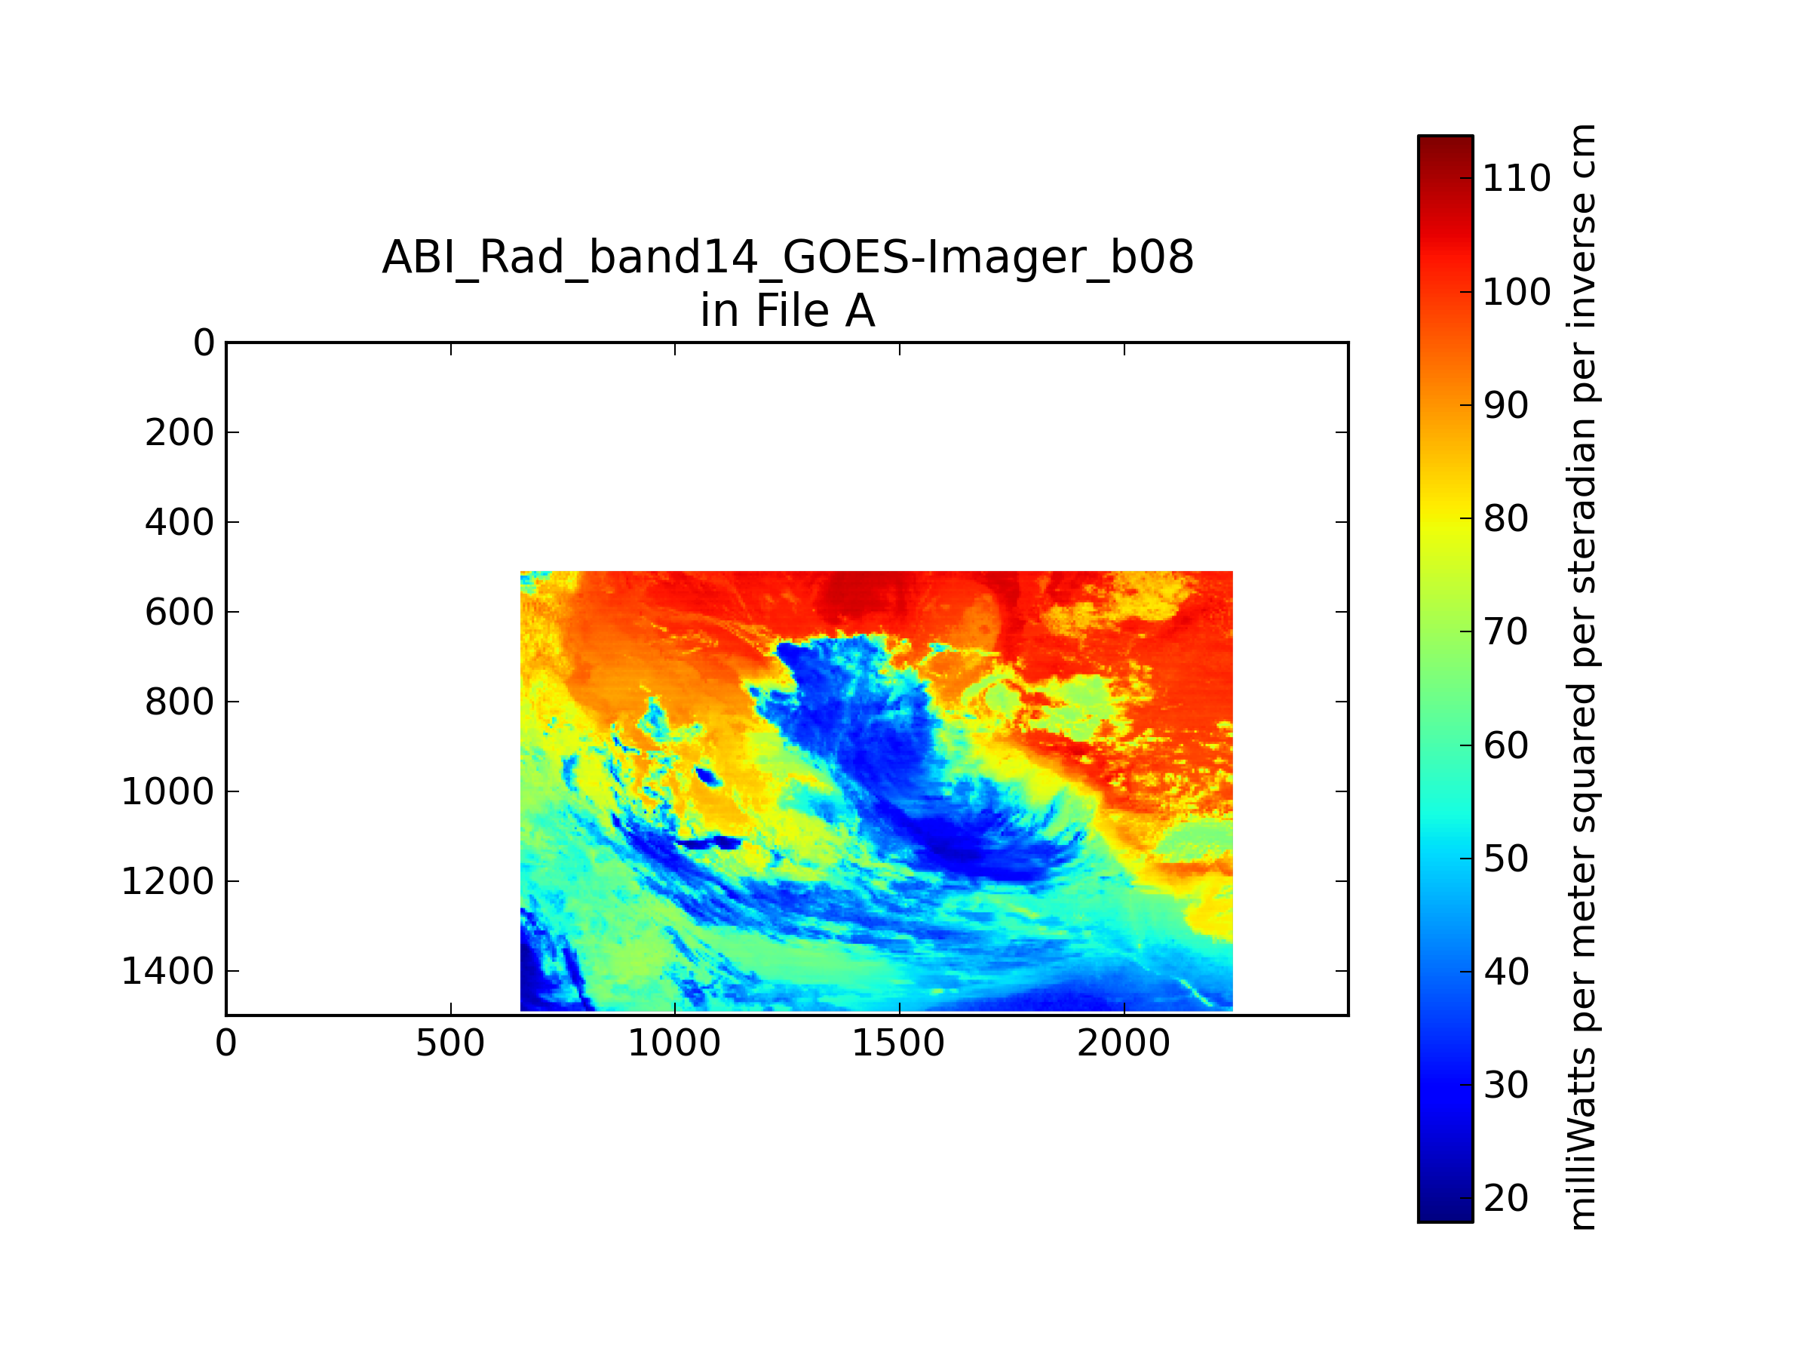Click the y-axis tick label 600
coord(179,613)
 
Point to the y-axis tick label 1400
coord(167,972)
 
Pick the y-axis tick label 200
coord(179,433)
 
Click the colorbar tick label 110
coord(1516,179)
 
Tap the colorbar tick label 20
coord(1505,1198)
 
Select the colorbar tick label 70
coord(1505,632)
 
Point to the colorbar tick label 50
coord(1505,859)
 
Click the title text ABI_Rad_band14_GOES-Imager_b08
coord(788,257)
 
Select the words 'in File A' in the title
coord(787,310)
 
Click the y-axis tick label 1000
coord(167,792)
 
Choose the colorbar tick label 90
coord(1505,405)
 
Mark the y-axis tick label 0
coord(204,343)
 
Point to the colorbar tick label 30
coord(1505,1086)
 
